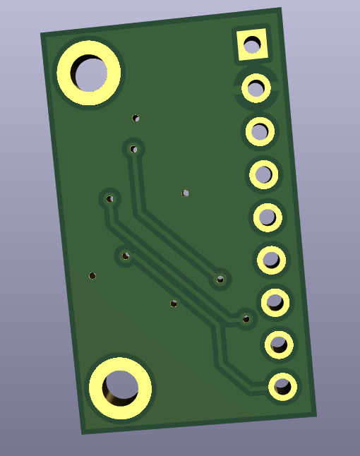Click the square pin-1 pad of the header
point(251,45)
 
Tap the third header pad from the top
point(260,131)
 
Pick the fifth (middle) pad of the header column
point(268,217)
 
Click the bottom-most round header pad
point(282,387)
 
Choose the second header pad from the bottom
point(279,344)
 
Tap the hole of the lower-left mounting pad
point(119,387)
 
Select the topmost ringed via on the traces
point(133,149)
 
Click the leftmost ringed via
point(109,199)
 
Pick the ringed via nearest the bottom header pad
point(246,319)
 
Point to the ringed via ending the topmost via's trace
point(220,280)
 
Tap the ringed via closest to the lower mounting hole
point(125,256)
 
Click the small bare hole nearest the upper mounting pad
point(136,118)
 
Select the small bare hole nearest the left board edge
point(92,275)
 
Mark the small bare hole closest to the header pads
point(186,193)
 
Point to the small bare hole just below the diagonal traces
point(174,304)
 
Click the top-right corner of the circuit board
point(280,9)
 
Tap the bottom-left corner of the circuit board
point(83,433)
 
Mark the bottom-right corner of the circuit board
point(316,414)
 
